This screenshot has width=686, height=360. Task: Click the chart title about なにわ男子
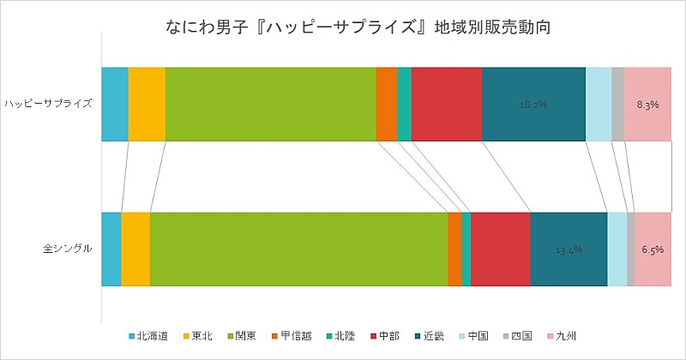(343, 27)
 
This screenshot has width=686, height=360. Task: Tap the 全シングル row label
(69, 249)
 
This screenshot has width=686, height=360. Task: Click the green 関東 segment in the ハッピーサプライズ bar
(271, 104)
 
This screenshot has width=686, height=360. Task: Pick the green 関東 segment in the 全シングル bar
(298, 249)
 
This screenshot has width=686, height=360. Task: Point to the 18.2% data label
(533, 105)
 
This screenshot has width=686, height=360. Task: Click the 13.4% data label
(569, 250)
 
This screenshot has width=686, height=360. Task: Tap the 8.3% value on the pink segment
(647, 105)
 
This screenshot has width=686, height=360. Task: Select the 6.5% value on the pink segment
(652, 250)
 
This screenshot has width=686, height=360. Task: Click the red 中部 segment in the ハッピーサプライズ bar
(447, 104)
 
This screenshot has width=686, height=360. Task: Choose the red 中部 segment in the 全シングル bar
(501, 249)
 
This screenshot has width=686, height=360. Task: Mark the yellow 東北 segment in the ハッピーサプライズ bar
(147, 104)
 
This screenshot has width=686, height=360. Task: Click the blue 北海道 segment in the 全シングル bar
(111, 249)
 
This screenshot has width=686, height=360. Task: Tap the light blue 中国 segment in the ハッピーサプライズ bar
(599, 104)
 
